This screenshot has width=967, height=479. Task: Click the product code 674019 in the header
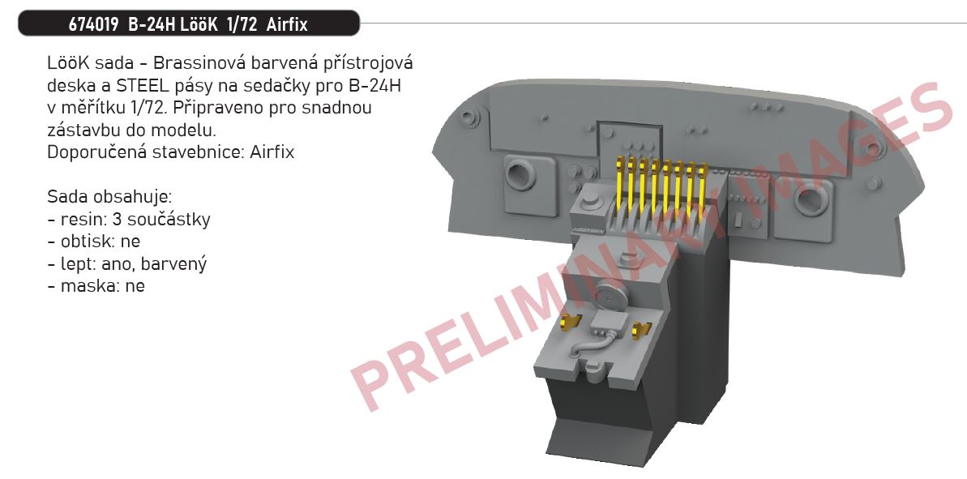pyautogui.click(x=94, y=24)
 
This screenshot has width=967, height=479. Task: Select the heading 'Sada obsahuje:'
pyautogui.click(x=109, y=197)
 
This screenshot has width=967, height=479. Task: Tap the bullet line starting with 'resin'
pyautogui.click(x=129, y=220)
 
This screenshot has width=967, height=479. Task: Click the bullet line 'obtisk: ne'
pyautogui.click(x=94, y=242)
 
